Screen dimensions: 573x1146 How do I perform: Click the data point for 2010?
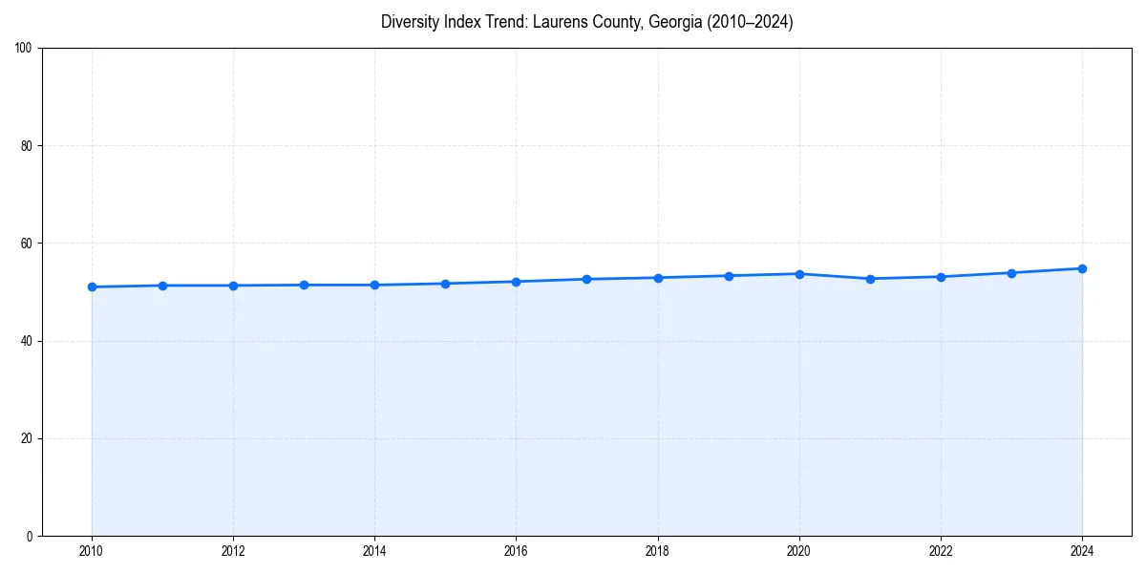click(x=92, y=286)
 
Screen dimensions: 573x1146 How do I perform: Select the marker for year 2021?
click(x=870, y=279)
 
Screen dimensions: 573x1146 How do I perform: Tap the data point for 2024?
click(x=1082, y=268)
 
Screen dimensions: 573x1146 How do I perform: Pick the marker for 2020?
click(x=799, y=274)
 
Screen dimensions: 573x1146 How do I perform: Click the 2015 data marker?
click(x=445, y=284)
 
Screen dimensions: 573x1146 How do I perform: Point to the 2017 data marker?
click(x=586, y=279)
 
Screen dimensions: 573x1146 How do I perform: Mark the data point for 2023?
click(x=1011, y=273)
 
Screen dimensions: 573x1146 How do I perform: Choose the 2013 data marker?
click(x=304, y=285)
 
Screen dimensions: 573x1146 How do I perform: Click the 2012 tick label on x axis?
click(x=233, y=551)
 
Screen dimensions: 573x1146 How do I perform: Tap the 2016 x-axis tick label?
click(x=516, y=551)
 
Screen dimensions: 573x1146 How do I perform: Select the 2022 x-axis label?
click(x=941, y=551)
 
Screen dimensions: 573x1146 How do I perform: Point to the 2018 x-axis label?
click(x=657, y=551)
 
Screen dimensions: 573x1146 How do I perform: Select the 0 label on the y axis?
click(x=31, y=536)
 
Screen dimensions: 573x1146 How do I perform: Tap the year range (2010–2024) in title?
click(x=749, y=22)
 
